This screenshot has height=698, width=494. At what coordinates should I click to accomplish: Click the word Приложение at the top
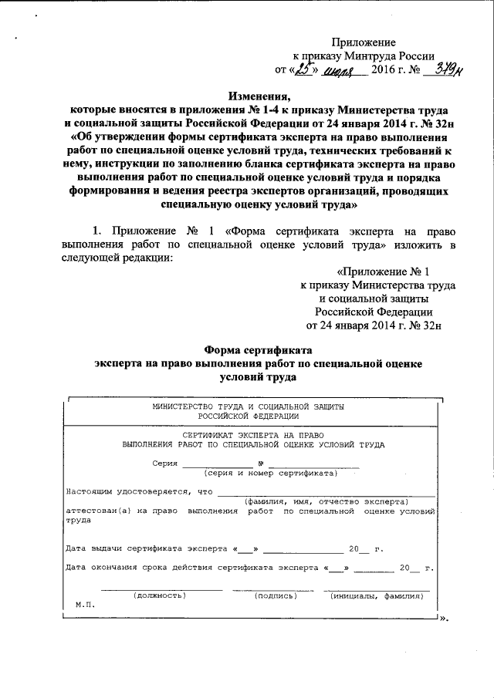point(364,42)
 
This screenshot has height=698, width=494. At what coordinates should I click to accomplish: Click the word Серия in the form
point(164,464)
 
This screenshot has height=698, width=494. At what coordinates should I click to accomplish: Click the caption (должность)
point(158,596)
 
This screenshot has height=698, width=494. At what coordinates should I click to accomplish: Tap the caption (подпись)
point(275,596)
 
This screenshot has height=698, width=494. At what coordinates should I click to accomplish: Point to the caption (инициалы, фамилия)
point(376,596)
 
